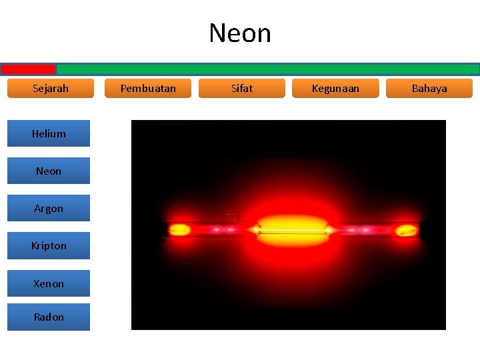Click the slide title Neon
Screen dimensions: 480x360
(x=240, y=33)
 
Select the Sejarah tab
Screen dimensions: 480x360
(x=51, y=88)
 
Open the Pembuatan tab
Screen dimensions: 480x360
(x=148, y=88)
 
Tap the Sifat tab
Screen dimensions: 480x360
(x=242, y=88)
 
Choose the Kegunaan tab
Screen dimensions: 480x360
(x=335, y=88)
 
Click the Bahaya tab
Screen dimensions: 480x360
(x=429, y=88)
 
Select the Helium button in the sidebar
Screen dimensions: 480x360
(x=49, y=133)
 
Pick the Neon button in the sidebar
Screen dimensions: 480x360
(x=49, y=171)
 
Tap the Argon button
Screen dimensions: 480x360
(x=49, y=208)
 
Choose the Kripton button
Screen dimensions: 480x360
(x=49, y=245)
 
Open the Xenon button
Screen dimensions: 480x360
(x=49, y=283)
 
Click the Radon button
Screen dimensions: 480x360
(x=49, y=317)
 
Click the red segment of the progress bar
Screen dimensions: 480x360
(x=28, y=69)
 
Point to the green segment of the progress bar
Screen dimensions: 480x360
(x=267, y=69)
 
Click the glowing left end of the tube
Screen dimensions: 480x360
(x=179, y=231)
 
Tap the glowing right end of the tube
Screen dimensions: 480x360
(x=405, y=231)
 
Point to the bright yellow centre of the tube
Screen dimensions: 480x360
(x=292, y=228)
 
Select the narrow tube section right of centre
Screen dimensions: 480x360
(x=363, y=230)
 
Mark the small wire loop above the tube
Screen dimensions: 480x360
(x=233, y=215)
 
